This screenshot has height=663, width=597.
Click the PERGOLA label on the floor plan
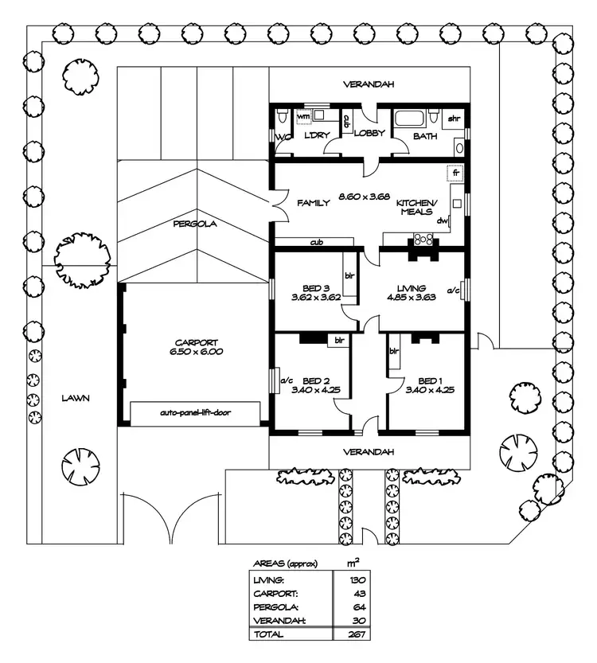click(x=195, y=224)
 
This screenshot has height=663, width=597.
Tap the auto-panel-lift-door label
click(x=195, y=413)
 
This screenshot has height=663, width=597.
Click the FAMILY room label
click(x=313, y=204)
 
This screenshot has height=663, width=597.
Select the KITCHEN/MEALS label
click(x=414, y=207)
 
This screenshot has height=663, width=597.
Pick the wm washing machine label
click(x=303, y=116)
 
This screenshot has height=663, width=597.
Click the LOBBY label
click(x=369, y=135)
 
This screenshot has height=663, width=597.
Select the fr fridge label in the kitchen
click(x=456, y=173)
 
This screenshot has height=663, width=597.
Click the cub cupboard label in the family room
click(x=316, y=242)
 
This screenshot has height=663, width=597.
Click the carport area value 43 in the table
click(x=356, y=592)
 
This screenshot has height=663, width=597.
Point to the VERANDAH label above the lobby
click(x=369, y=84)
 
